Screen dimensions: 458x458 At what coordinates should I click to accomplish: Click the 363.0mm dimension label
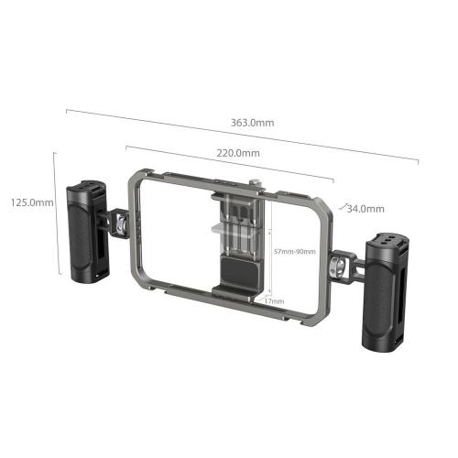click(255, 122)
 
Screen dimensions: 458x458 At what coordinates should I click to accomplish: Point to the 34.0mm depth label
click(365, 208)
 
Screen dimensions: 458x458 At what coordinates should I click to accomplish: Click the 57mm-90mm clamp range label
click(296, 252)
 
